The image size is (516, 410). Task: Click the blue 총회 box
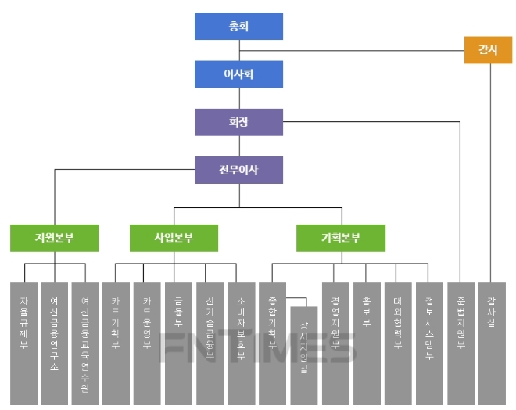238,26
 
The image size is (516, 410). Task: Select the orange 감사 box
488,50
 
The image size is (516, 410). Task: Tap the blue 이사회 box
238,74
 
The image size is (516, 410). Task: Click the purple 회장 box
238,122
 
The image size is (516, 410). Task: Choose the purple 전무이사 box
238,170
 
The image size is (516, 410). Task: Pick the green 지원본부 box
55,238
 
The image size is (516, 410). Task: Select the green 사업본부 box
174,238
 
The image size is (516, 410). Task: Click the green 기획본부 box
341,238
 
